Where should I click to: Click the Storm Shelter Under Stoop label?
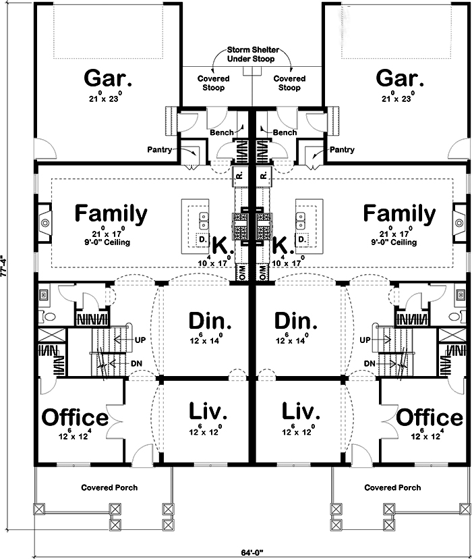point(252,55)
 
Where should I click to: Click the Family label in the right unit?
point(399,213)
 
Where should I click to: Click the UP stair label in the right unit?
point(366,339)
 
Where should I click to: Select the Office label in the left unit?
point(75,417)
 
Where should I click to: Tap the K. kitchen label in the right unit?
point(284,245)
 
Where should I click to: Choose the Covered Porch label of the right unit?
point(392,487)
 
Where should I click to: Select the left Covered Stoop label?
point(214,83)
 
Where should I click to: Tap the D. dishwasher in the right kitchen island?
point(302,239)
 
